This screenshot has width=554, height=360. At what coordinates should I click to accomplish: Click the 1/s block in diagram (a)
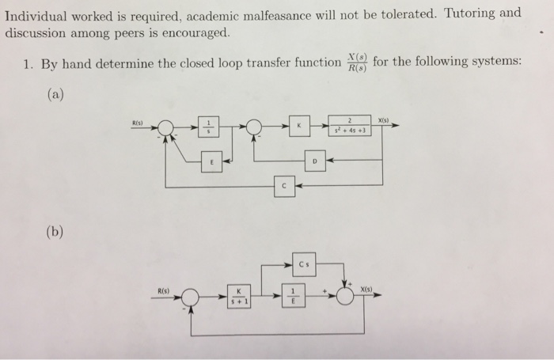208,127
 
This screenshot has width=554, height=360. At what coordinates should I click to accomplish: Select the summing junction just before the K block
255,127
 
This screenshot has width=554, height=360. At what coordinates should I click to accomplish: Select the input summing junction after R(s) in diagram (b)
191,297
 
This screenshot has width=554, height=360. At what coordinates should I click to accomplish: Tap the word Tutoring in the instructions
472,13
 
